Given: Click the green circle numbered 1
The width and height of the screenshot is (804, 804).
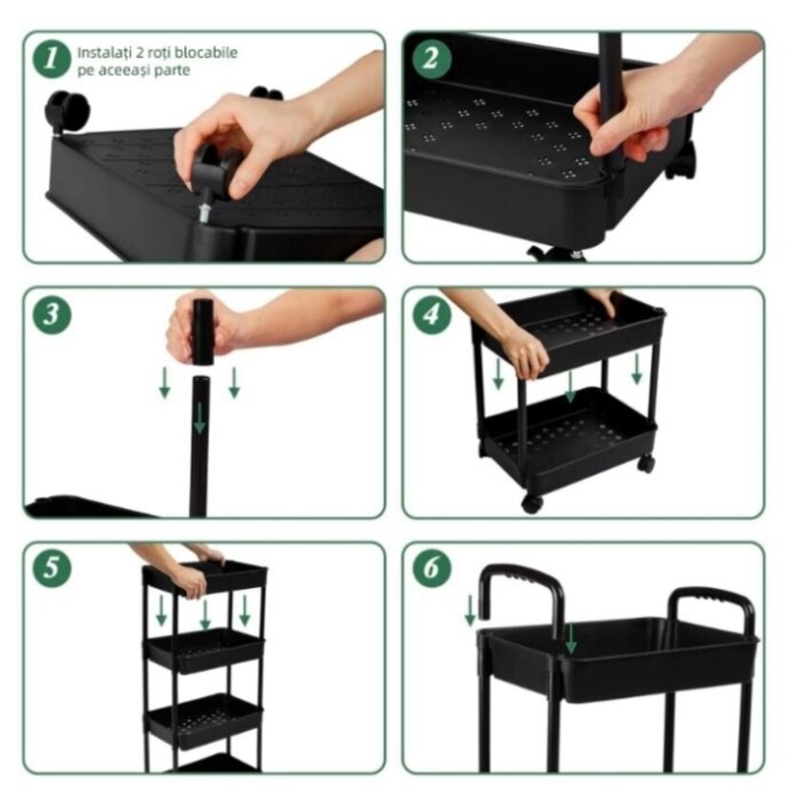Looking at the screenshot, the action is [52, 59].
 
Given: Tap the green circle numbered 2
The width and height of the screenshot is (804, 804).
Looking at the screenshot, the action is [432, 59].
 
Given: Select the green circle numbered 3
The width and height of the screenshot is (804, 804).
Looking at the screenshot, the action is [52, 314].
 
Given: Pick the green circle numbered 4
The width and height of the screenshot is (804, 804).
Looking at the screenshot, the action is [432, 314].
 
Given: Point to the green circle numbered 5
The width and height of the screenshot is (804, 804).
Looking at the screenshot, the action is [52, 568].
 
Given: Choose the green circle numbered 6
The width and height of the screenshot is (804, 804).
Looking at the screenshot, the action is [432, 568].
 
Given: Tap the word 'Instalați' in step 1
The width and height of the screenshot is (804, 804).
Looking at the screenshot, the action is [99, 53].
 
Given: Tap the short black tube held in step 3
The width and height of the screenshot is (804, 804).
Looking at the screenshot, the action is [202, 331].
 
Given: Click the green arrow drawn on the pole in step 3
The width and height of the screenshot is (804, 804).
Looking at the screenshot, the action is [200, 418].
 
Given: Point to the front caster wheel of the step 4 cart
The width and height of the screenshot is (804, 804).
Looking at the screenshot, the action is [532, 503].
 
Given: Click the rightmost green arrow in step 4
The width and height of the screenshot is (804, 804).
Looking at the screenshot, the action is [637, 369].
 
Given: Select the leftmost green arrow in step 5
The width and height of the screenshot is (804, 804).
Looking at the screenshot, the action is [161, 611].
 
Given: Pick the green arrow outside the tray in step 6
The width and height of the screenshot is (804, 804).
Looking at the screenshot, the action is [470, 611].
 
